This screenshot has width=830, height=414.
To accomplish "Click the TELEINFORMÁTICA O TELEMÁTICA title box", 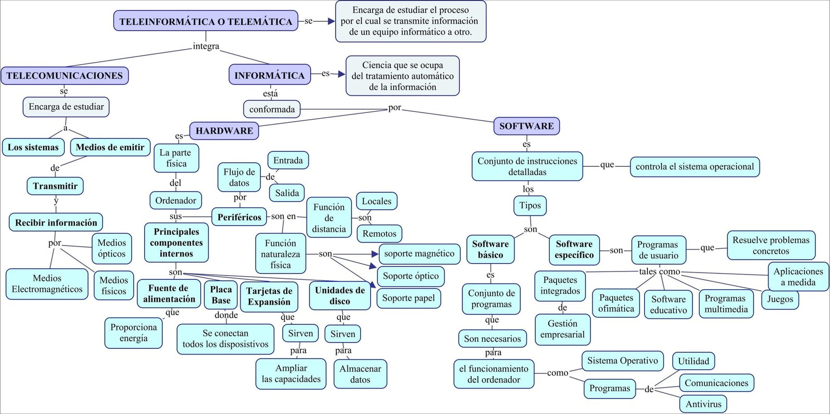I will (x=205, y=21).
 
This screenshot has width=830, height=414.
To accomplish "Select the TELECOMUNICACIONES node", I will (x=64, y=76).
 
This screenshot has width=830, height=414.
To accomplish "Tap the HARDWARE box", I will (x=224, y=131).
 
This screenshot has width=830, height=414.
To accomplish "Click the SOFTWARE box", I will (x=526, y=126).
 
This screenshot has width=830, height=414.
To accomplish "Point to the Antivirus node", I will (x=703, y=404).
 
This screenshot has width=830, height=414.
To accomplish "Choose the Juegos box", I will (x=780, y=299).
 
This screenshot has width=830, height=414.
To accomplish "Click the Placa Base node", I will (x=220, y=295).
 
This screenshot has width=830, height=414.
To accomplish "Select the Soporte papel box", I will (x=408, y=298).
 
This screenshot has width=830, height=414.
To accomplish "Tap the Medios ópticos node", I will (x=112, y=248).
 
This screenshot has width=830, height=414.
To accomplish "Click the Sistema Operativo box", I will (x=622, y=361).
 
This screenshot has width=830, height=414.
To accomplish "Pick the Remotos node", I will (x=379, y=234).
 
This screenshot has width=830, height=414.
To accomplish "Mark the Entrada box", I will (x=288, y=161).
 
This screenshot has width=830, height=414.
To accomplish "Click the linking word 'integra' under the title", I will (x=206, y=46).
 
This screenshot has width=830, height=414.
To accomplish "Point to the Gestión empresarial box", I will (x=562, y=329).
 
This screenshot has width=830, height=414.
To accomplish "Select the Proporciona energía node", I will (x=133, y=333).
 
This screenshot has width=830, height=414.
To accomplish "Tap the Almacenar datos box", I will (x=360, y=374).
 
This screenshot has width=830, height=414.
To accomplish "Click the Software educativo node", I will (x=668, y=305).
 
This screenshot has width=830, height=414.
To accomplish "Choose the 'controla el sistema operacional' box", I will (x=695, y=167).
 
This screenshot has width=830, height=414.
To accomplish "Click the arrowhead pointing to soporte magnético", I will (x=376, y=254).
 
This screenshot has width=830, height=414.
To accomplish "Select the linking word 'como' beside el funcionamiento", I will (x=557, y=373).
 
